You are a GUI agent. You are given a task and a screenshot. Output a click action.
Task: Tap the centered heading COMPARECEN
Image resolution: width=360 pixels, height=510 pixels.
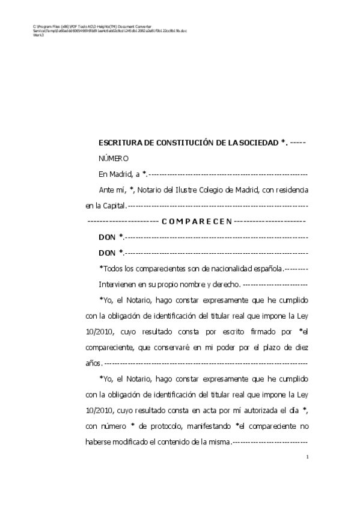(x=197, y=221)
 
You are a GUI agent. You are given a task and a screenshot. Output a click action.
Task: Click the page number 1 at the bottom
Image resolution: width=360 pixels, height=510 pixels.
(x=307, y=458)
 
